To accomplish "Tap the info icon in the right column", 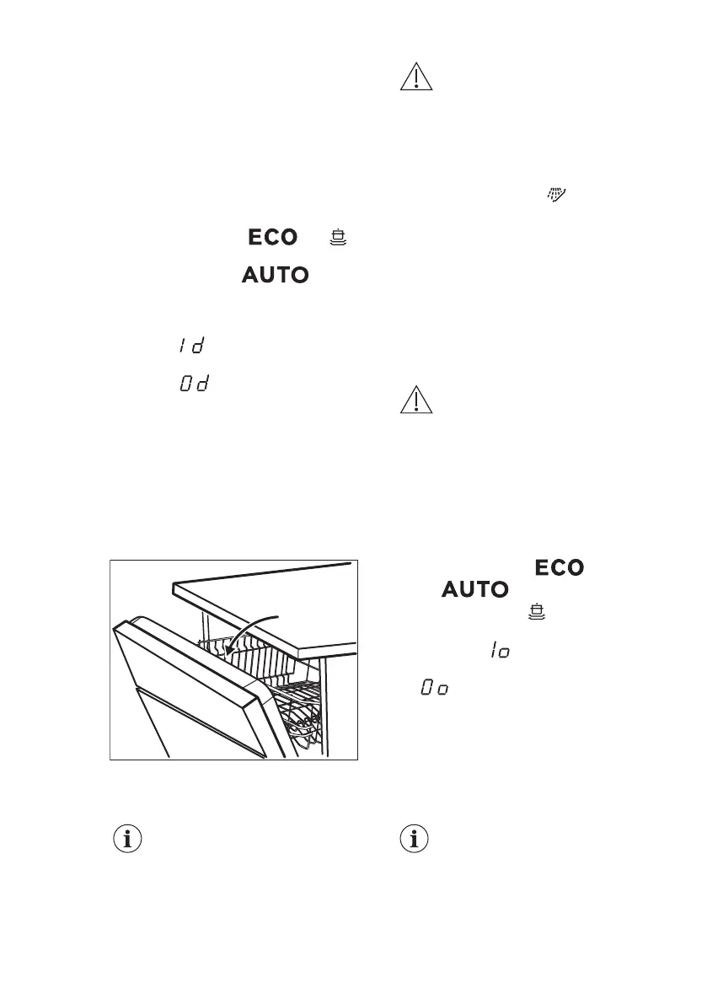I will point(415,840).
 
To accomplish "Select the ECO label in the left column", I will point(272,238).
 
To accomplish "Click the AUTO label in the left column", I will point(276,275).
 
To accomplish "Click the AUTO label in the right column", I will point(475,590).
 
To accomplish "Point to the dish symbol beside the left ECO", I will point(339,238).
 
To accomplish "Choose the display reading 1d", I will point(192,346).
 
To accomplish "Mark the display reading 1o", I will point(499,651).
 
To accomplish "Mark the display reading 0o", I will point(433,689).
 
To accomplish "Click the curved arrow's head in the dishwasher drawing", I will point(228,653).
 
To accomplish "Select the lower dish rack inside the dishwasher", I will point(299,717).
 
